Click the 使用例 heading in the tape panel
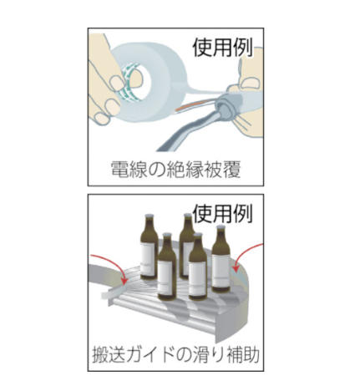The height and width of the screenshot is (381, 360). tap(223, 48)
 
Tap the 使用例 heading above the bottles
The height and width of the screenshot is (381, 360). tap(223, 213)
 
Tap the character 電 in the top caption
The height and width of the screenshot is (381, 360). tap(119, 170)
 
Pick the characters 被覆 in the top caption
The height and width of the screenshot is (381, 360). tap(222, 170)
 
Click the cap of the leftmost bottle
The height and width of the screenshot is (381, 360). tap(149, 216)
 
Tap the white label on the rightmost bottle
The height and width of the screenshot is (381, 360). tap(221, 271)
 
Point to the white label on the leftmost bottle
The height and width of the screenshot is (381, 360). tap(148, 257)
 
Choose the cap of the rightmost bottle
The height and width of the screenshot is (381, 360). tap(221, 228)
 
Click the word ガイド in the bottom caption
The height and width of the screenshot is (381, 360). tap(157, 353)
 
